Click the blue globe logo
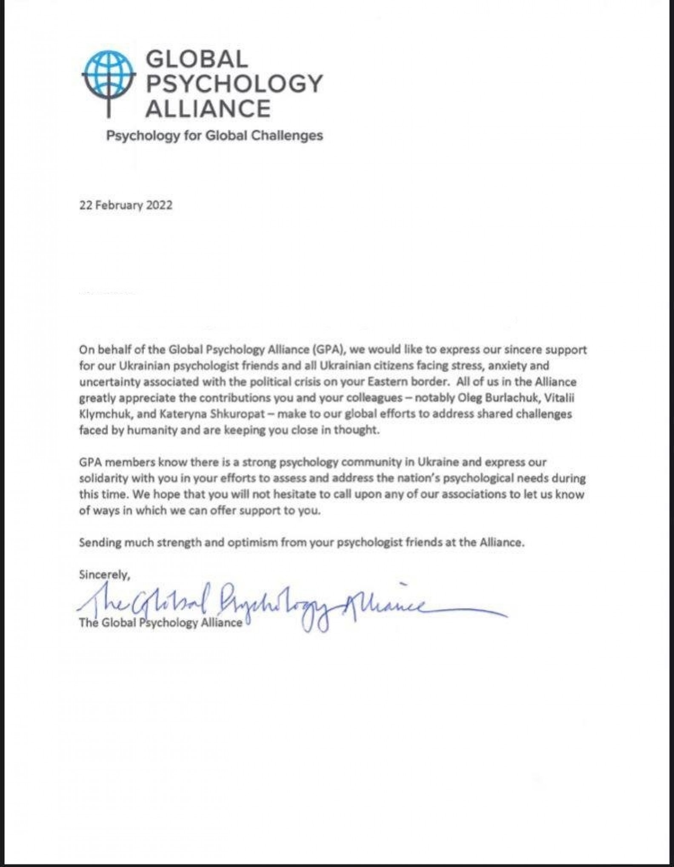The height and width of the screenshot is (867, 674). [x=109, y=77]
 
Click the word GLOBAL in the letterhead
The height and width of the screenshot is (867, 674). [x=197, y=59]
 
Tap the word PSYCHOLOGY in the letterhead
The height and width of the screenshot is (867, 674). [x=234, y=83]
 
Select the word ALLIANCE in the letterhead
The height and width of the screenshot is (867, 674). [x=208, y=108]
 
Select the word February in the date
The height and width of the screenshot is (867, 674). [x=119, y=205]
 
